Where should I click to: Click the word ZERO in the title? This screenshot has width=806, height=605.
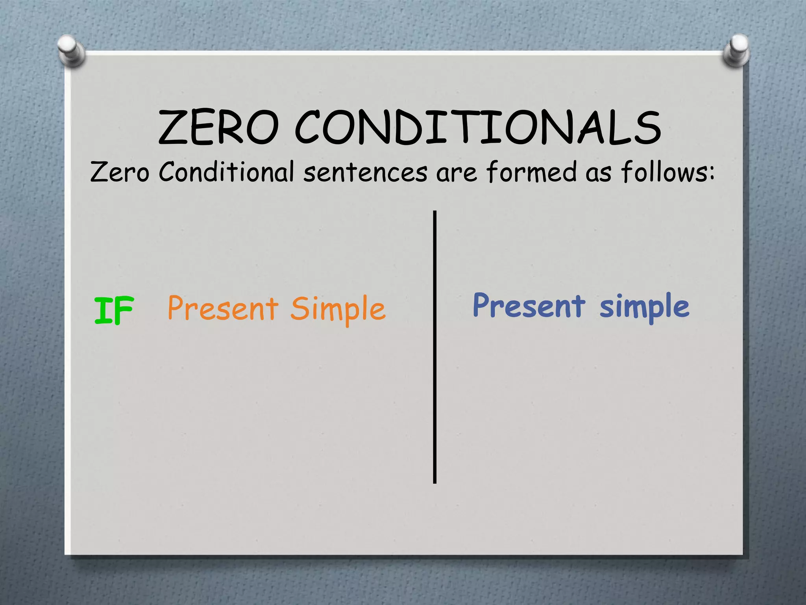click(218, 127)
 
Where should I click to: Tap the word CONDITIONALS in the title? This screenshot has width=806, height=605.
click(478, 127)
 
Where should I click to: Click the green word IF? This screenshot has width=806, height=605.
click(114, 310)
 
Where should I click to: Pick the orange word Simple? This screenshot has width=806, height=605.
click(338, 310)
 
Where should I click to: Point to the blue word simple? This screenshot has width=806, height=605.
click(644, 307)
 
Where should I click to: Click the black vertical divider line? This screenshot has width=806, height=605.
click(434, 347)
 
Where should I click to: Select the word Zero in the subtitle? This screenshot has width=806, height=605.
click(120, 173)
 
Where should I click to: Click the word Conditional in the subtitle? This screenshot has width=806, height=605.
click(226, 172)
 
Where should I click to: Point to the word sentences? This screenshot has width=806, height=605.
click(365, 173)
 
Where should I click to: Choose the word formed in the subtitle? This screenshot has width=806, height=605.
click(532, 172)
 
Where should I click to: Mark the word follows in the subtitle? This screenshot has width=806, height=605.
click(663, 172)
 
